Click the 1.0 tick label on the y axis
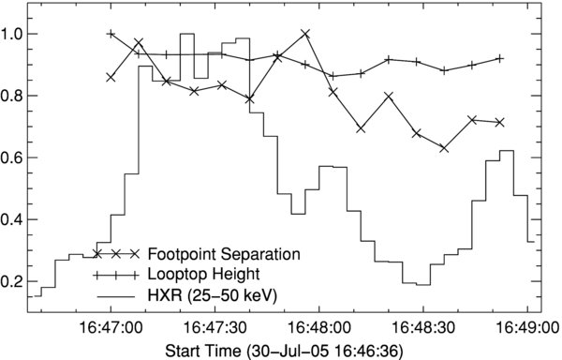pos(16,34)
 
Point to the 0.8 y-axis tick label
pos(16,96)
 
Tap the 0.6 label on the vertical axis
pos(16,157)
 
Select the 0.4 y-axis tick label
pos(16,219)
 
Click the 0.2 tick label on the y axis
pos(16,281)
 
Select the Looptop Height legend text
pos(205,275)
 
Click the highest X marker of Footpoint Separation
pos(305,34)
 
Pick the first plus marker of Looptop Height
pos(111,34)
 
